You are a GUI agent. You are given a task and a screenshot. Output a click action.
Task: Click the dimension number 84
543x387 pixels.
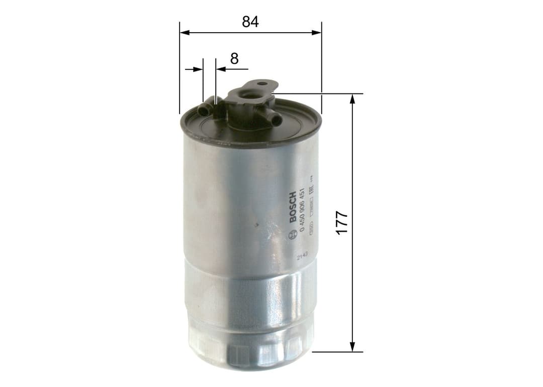250,22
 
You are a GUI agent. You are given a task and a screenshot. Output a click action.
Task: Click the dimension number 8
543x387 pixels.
234,58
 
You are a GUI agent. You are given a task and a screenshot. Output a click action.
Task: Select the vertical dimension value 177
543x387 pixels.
342,222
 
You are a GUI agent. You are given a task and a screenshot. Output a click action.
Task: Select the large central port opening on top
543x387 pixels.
249,94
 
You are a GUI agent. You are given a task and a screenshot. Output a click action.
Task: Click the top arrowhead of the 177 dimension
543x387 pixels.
352,98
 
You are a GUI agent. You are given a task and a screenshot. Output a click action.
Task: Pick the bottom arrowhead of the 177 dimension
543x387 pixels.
352,347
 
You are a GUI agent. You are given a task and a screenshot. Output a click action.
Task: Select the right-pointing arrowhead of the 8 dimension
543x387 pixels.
199,69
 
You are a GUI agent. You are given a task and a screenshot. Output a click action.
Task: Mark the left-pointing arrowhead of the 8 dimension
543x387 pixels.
220,69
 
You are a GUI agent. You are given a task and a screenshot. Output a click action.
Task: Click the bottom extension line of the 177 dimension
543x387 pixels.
337,352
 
